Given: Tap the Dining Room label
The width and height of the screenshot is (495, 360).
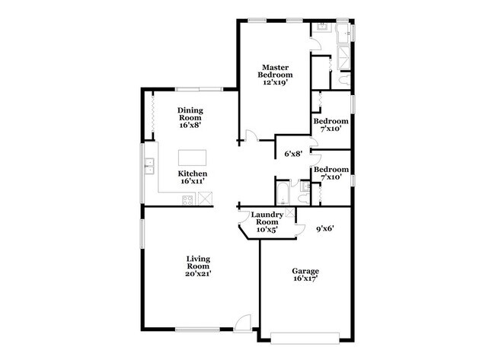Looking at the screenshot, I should [x=190, y=114].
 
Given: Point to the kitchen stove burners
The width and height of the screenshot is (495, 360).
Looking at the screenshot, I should [x=187, y=199].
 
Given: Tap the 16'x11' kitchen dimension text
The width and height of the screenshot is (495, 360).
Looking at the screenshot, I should [x=193, y=182].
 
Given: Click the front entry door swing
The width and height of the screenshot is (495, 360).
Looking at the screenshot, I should [x=243, y=322].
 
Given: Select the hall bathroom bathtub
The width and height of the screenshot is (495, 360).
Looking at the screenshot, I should [x=283, y=191].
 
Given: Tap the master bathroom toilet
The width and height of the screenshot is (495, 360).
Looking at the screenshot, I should [x=344, y=79].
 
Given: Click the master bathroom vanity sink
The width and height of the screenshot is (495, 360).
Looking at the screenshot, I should [x=321, y=29].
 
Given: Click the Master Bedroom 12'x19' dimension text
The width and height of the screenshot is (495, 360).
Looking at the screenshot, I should [x=275, y=82].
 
